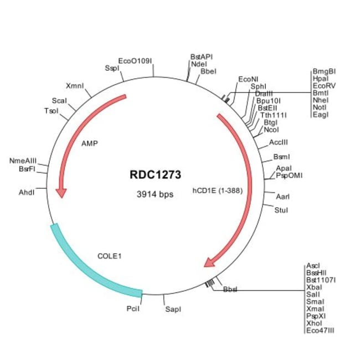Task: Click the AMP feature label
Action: [x=89, y=143]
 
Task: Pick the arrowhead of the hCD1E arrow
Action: [x=210, y=261]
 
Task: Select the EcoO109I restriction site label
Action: [x=135, y=61]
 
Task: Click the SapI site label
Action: [x=173, y=309]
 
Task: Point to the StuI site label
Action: [x=281, y=210]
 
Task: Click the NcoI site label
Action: [x=271, y=130]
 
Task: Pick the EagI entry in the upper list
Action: [x=321, y=115]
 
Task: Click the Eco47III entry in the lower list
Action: [x=320, y=331]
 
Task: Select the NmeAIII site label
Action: [x=23, y=161]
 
